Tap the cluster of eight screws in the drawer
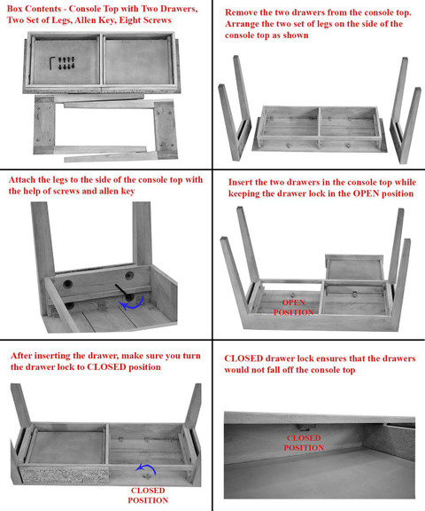coord(66,63)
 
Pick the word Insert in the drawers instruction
coord(240,182)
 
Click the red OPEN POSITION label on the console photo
coord(293,307)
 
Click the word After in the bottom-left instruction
coord(21,355)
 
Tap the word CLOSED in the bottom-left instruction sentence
coord(106,367)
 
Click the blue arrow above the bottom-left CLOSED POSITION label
coord(146,469)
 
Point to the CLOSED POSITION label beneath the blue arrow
coord(148,495)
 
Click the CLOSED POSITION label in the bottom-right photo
coord(304,443)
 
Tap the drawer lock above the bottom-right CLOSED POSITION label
coord(305,428)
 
